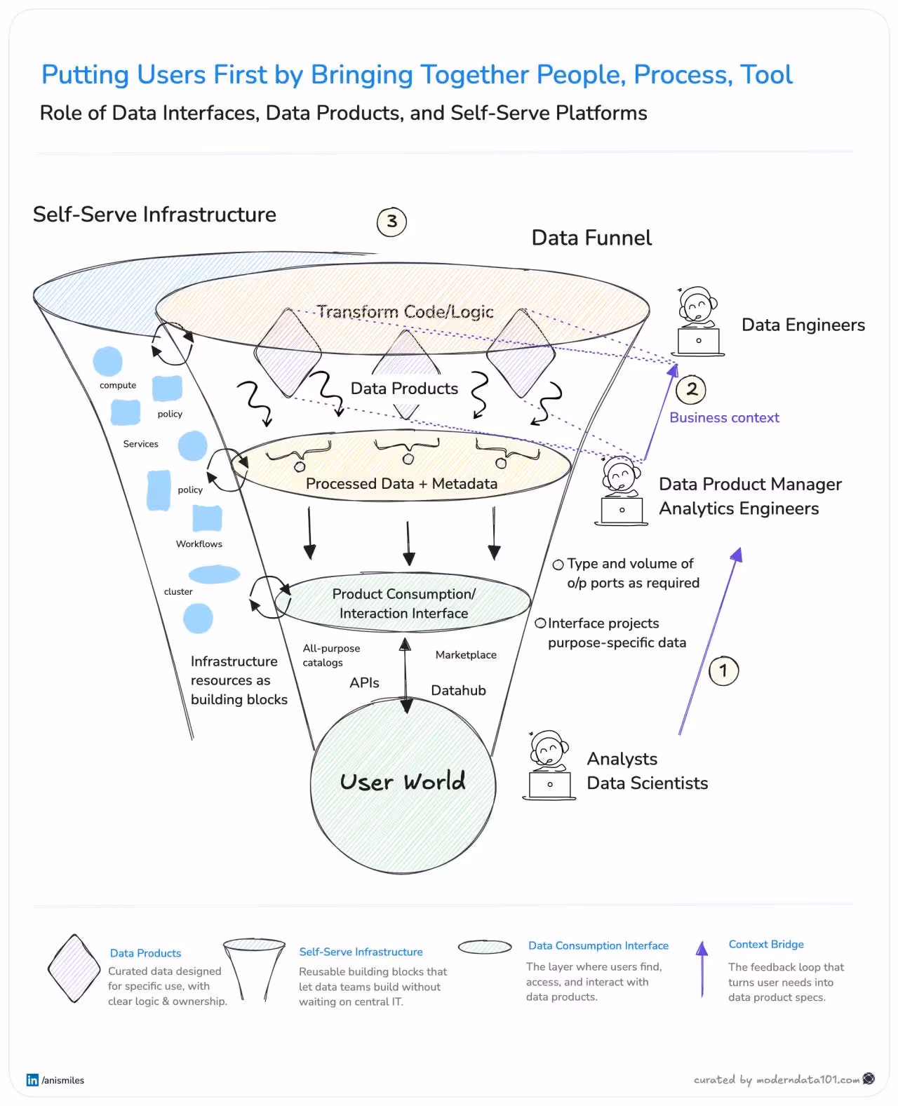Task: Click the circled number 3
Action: (391, 222)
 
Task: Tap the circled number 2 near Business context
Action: (691, 389)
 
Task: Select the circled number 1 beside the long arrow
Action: (723, 670)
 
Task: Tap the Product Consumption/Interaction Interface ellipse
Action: (403, 603)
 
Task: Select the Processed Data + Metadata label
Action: (401, 483)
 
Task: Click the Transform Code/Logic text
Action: (405, 311)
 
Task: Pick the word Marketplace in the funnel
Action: (466, 654)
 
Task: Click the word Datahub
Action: (458, 690)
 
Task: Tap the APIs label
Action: (364, 682)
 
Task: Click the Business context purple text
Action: (724, 417)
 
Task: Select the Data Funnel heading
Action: (591, 238)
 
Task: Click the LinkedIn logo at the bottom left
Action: (32, 1080)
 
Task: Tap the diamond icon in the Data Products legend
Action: (74, 969)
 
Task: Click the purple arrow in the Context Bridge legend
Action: (702, 969)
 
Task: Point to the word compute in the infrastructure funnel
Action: (118, 385)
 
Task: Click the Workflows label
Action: (199, 544)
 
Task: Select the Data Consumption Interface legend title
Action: (598, 945)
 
